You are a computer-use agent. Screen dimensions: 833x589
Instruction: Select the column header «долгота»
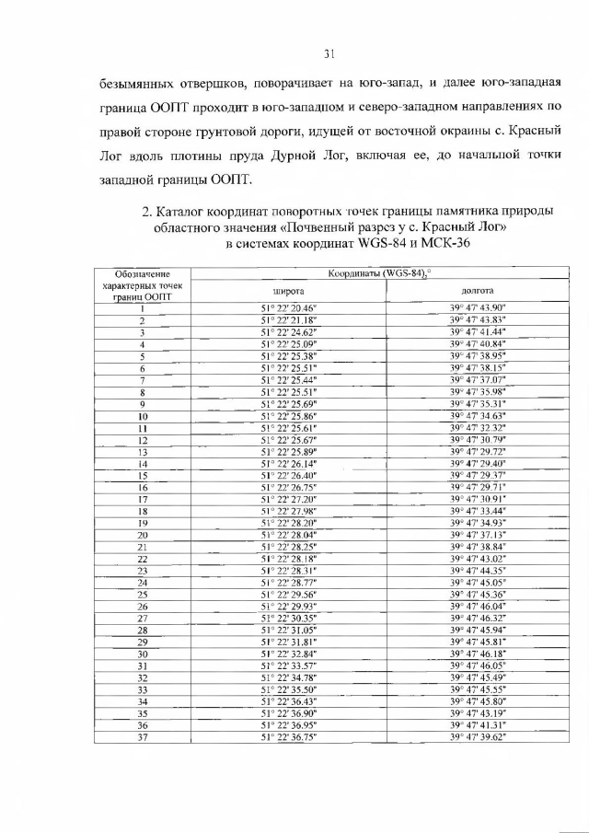(x=479, y=290)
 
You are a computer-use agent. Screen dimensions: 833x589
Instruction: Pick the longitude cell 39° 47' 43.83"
(x=479, y=319)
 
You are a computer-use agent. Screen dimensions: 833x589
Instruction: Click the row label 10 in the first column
(x=143, y=416)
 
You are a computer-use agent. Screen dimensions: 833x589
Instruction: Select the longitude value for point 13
(x=479, y=453)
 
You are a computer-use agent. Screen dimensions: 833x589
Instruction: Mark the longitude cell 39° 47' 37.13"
(x=479, y=535)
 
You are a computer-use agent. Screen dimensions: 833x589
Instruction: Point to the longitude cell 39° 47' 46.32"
(x=479, y=619)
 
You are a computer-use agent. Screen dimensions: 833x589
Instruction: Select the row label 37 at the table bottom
(x=143, y=737)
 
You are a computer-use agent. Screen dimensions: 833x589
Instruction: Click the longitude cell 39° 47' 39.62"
(x=479, y=737)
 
